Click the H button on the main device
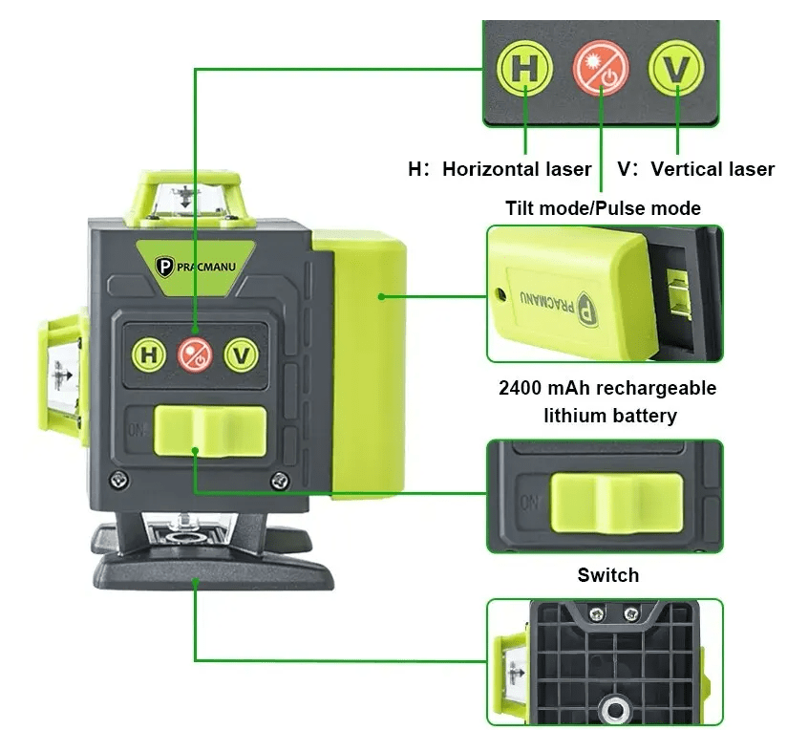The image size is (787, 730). click(149, 354)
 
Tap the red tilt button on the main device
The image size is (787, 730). click(195, 354)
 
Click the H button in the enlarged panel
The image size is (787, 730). click(524, 68)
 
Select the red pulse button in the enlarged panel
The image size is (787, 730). click(601, 68)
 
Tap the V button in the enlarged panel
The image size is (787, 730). click(676, 68)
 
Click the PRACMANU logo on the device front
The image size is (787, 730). click(195, 266)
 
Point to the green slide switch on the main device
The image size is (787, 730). click(210, 432)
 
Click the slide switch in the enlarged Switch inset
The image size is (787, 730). click(617, 503)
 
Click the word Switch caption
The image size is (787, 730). click(608, 575)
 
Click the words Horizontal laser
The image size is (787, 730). click(517, 169)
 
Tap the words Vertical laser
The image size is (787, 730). click(713, 169)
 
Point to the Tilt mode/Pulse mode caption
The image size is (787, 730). click(603, 208)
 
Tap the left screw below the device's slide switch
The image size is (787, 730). click(118, 480)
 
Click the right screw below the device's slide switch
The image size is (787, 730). click(280, 482)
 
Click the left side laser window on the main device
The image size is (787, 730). click(63, 376)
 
